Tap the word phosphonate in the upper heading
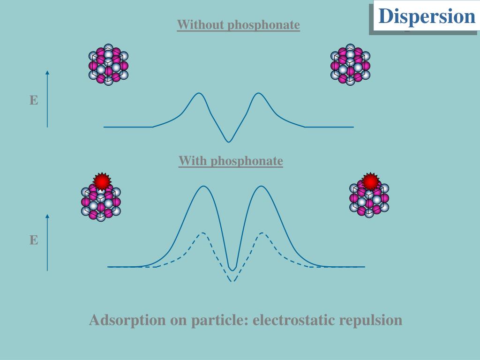263,25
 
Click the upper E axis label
34,100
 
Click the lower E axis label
34,240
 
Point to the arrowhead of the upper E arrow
47,73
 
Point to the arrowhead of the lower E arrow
47,216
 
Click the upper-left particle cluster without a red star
108,65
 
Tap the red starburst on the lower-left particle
101,181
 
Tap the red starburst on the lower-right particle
370,181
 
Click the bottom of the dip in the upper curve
229,142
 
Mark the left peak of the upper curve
199,93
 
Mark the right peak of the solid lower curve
261,187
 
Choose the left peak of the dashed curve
202,232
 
